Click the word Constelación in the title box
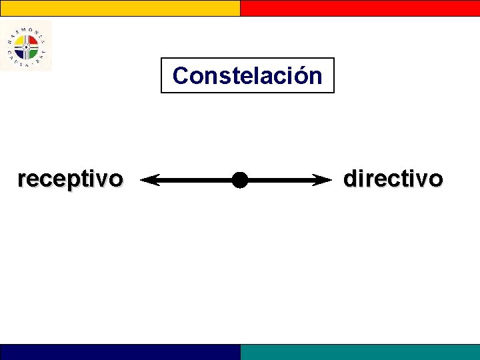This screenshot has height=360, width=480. pos(247,76)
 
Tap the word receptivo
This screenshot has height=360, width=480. pos(70,179)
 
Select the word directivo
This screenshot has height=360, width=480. pos(393,179)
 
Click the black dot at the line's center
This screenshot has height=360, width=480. pos(239,179)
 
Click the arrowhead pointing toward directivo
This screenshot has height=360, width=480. pos(324,179)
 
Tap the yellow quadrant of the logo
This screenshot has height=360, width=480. pos(20,41)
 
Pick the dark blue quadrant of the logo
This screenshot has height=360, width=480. pos(20,51)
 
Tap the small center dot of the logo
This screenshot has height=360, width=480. pos(25,46)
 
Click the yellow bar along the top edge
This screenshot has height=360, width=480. pos(120,7)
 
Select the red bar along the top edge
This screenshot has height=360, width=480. pos(360,7)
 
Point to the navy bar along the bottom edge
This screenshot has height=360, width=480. pos(120,352)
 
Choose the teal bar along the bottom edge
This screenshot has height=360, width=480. pos(360,352)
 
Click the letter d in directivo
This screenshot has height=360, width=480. pos(350,178)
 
